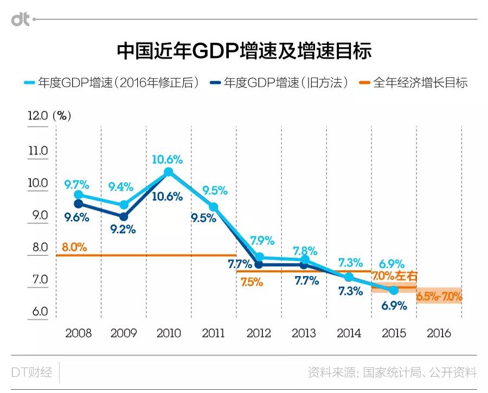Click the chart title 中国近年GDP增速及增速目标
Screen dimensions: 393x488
pyautogui.click(x=244, y=51)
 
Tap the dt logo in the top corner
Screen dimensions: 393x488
pyautogui.click(x=21, y=19)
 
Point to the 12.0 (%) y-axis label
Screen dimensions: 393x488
pyautogui.click(x=49, y=115)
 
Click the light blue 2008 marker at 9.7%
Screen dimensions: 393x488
pyautogui.click(x=79, y=194)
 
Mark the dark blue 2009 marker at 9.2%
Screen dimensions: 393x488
pyautogui.click(x=124, y=217)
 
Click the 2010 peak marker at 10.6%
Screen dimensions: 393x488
pyautogui.click(x=168, y=172)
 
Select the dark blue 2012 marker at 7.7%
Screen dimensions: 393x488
pyautogui.click(x=259, y=265)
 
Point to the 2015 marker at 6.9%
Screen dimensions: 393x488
pyautogui.click(x=394, y=290)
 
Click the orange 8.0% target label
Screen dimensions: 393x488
pyautogui.click(x=74, y=247)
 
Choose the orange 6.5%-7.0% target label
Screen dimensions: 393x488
pyautogui.click(x=439, y=296)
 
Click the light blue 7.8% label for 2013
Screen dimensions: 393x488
pyautogui.click(x=305, y=251)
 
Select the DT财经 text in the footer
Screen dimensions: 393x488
pyautogui.click(x=32, y=372)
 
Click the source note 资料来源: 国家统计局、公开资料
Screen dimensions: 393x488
pyautogui.click(x=392, y=372)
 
